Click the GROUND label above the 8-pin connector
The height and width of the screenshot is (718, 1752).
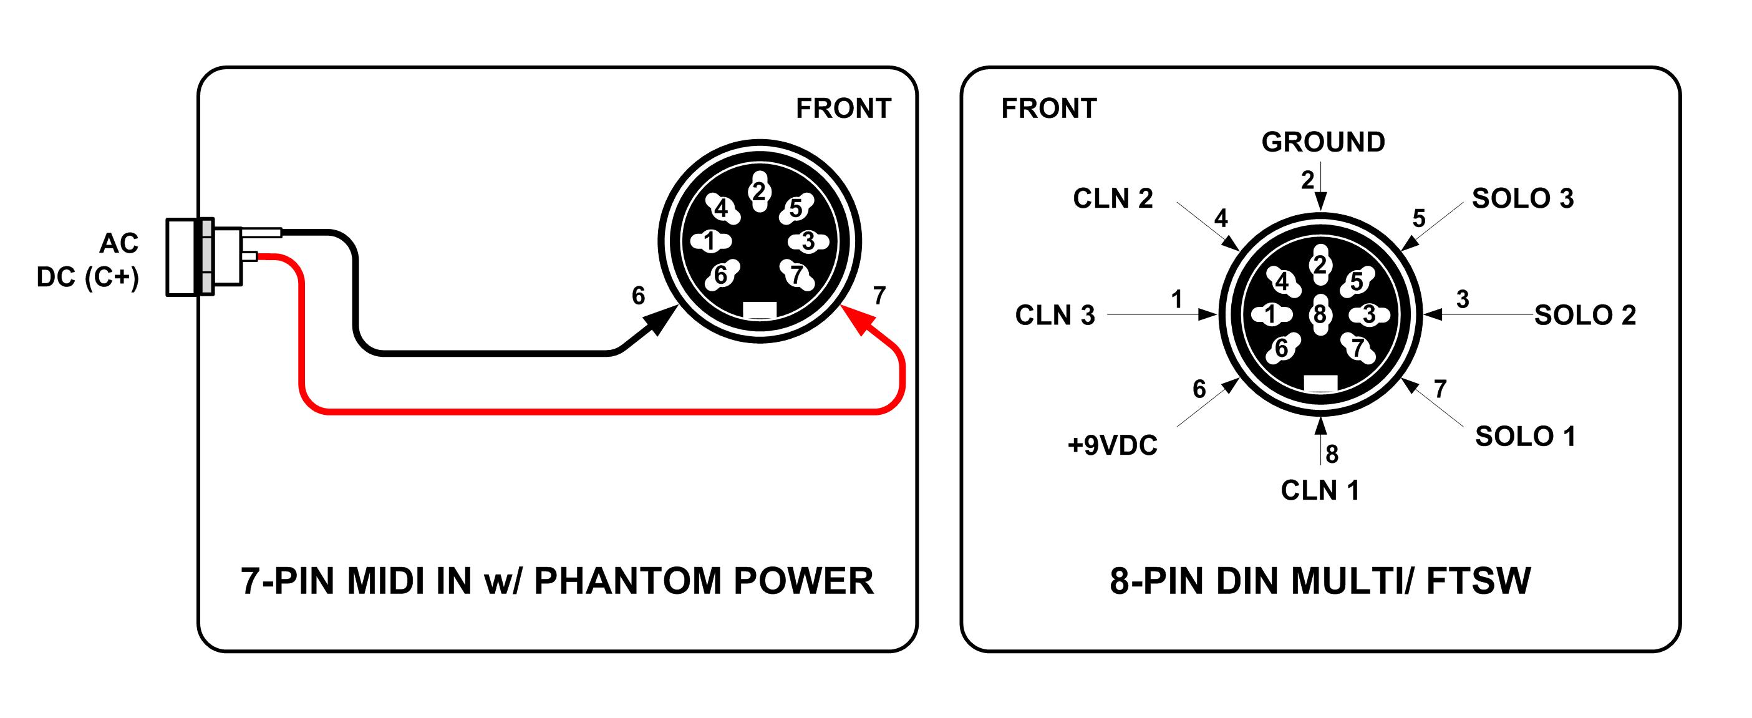tap(1323, 142)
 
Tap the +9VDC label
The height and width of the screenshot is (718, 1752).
tap(1112, 445)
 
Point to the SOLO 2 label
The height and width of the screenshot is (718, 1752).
tap(1585, 316)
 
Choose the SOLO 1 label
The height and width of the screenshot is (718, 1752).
tap(1525, 437)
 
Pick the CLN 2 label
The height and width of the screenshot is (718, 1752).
tap(1113, 198)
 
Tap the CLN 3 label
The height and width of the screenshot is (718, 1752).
tap(1055, 316)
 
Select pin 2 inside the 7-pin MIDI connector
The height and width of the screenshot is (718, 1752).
tap(759, 191)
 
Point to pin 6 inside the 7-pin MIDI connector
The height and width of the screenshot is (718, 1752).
tap(721, 274)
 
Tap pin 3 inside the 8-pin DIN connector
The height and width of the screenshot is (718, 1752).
tap(1369, 314)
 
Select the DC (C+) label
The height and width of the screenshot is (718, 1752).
tap(88, 278)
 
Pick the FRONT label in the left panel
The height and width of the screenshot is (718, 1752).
tap(843, 109)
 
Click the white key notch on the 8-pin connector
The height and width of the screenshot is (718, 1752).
tap(1320, 384)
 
